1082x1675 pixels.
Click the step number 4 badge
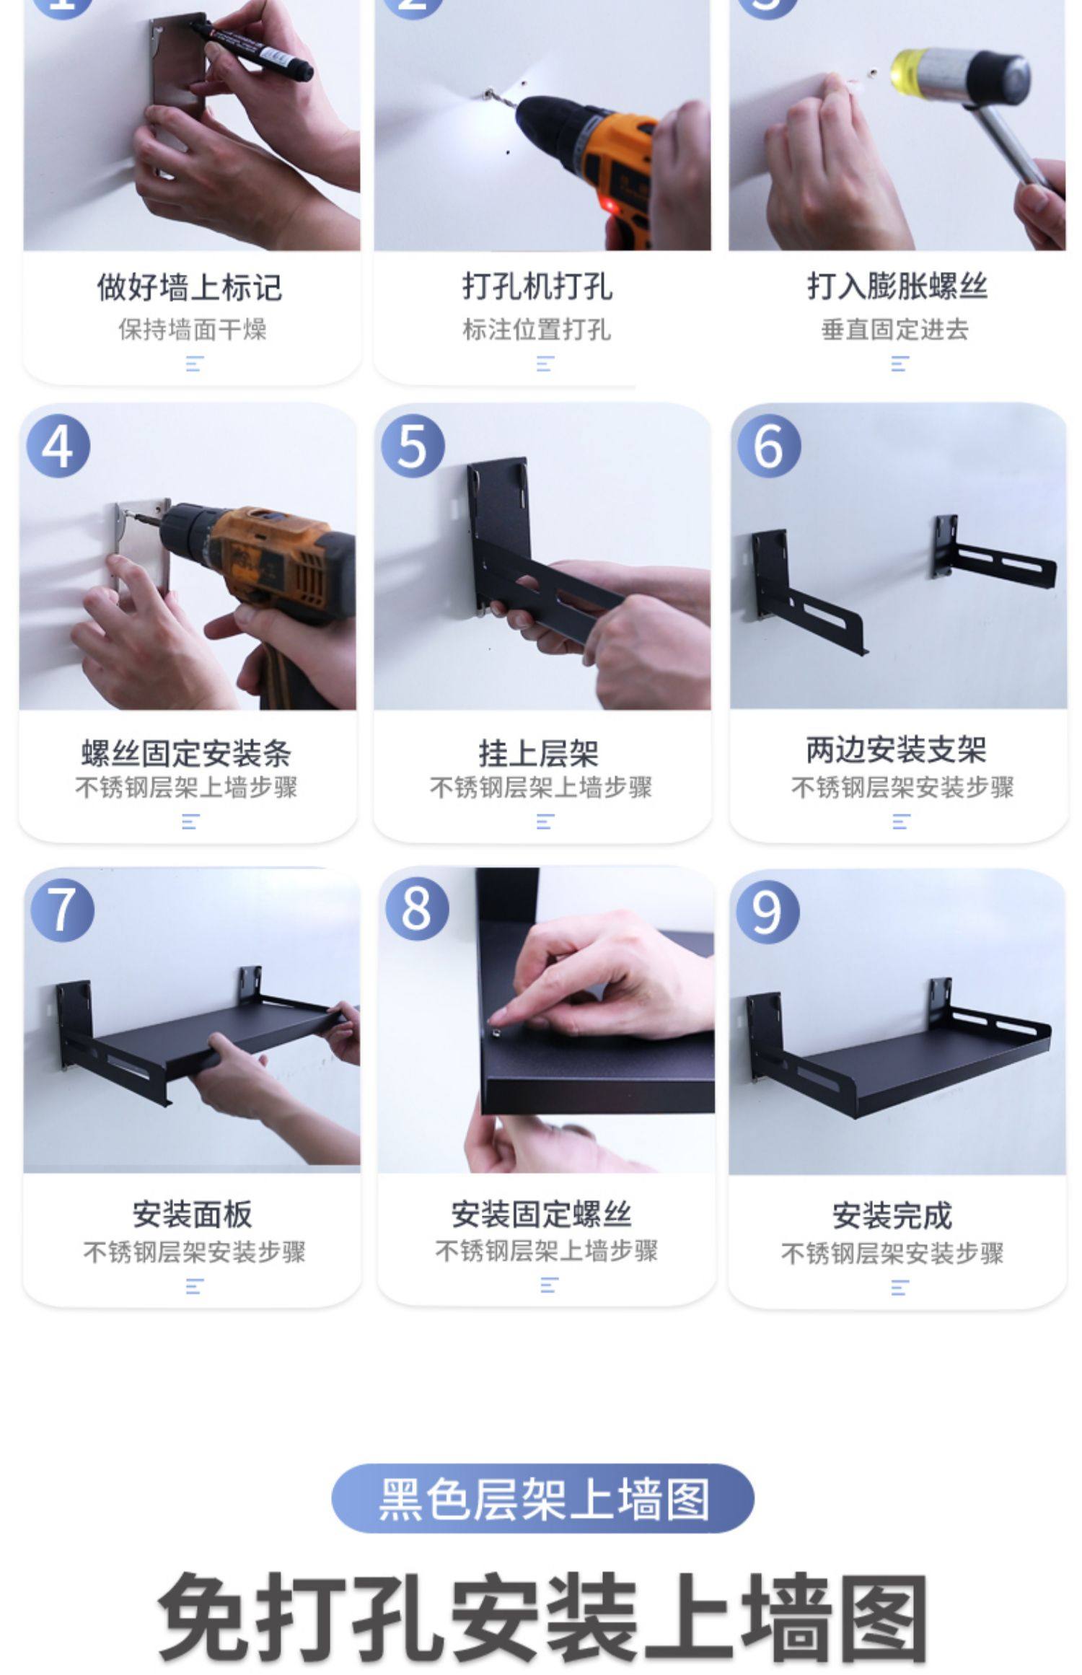coord(58,445)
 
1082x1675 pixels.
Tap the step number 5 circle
coord(413,445)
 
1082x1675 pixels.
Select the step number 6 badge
coord(769,445)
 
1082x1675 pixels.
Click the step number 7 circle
coord(63,910)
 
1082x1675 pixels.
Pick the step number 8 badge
coord(417,908)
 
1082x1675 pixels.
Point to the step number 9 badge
coord(767,911)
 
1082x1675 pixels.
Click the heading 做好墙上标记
coord(190,286)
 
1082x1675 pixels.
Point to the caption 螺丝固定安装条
coord(186,753)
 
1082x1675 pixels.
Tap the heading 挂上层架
coord(539,753)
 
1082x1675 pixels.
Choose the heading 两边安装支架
coord(897,749)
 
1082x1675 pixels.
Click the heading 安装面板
coord(193,1215)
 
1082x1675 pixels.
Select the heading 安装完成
coord(893,1215)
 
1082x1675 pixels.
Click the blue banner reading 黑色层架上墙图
coord(542,1499)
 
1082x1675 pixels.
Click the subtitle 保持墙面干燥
coord(193,330)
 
